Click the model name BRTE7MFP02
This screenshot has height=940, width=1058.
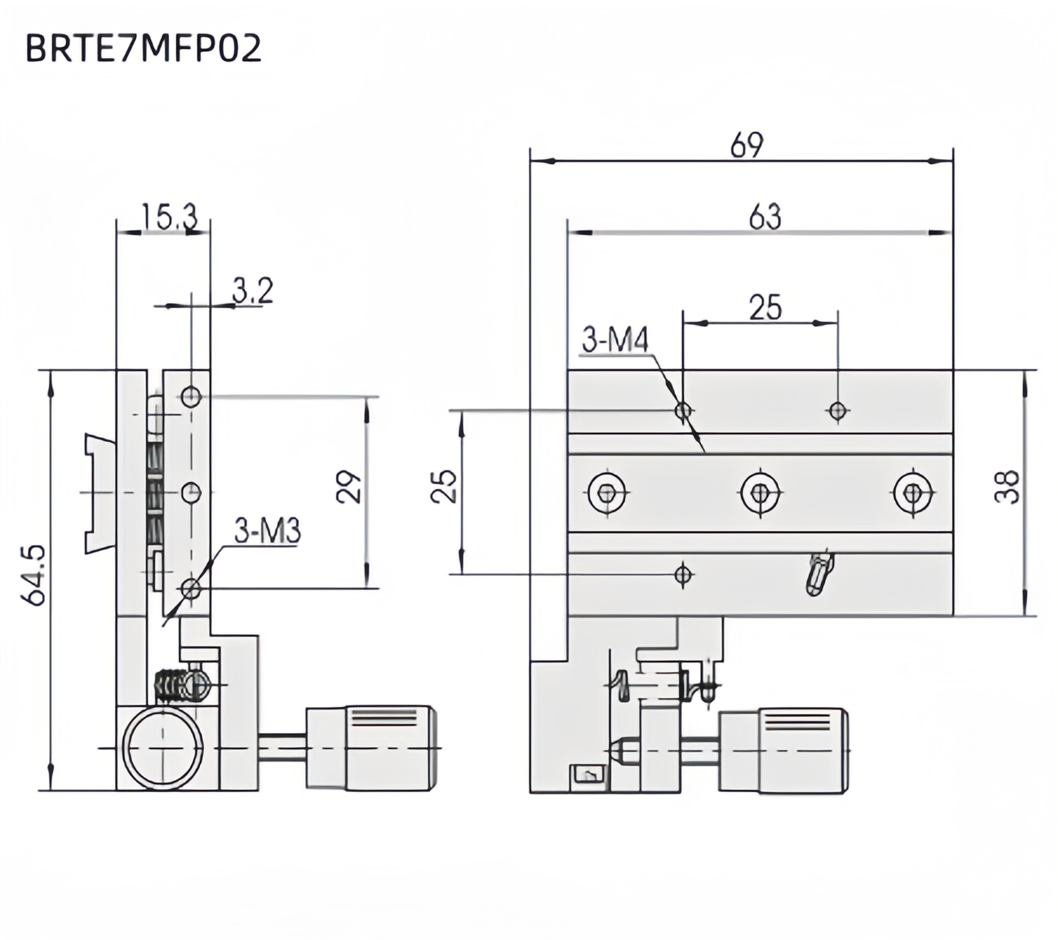[x=143, y=48]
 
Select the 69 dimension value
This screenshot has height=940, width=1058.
[x=746, y=145]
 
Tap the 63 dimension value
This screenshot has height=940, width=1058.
[x=765, y=217]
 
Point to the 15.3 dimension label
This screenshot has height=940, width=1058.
[x=169, y=217]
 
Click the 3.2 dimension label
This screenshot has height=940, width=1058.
[x=253, y=290]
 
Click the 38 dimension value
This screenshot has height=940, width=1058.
[x=1006, y=486]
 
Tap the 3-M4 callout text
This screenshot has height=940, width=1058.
[x=615, y=340]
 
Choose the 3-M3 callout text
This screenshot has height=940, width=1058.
[x=267, y=531]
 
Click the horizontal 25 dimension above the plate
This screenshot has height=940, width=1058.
[x=765, y=308]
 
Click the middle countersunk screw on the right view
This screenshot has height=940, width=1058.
[x=760, y=493]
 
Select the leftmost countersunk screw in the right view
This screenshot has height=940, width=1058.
[x=607, y=493]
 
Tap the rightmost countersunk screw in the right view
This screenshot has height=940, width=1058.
[x=912, y=493]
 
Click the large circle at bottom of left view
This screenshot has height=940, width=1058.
[x=163, y=748]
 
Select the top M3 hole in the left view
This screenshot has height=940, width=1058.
[x=192, y=397]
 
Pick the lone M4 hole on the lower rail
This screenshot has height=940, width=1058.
[x=683, y=574]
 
